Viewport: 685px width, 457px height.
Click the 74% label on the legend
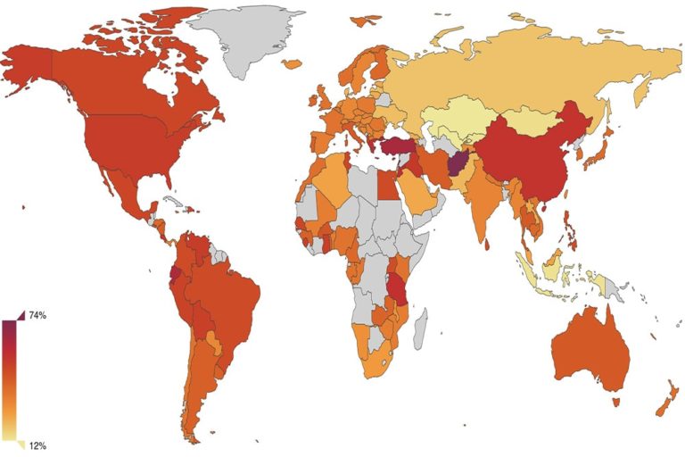37,316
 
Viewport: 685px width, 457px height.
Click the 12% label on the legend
37,445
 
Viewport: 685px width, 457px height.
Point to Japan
593,152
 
